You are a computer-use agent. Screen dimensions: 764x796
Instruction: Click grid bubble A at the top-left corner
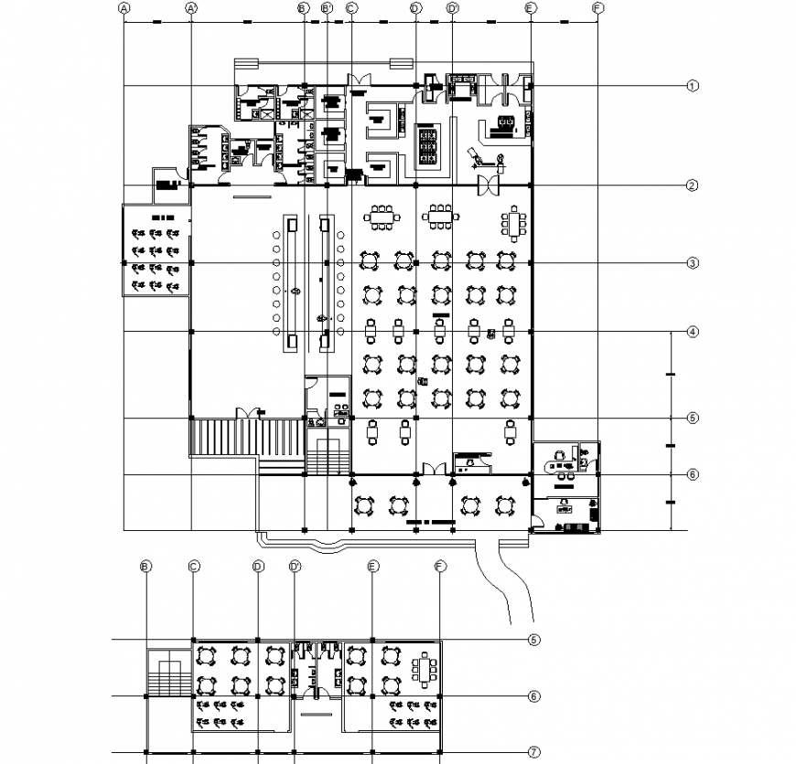pos(124,7)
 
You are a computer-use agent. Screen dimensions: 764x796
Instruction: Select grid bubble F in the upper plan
pos(597,7)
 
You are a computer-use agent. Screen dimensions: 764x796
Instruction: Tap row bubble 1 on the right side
pos(694,87)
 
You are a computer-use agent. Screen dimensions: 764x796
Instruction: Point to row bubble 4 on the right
pos(694,331)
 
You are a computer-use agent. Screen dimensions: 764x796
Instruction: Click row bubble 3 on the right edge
pos(694,264)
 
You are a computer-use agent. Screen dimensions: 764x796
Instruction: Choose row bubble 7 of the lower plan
pos(534,753)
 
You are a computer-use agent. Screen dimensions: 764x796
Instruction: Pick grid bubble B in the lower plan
pos(145,567)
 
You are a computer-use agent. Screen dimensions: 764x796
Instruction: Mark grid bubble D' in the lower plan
pos(295,567)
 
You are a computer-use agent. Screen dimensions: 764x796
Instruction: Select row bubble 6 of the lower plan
pos(534,696)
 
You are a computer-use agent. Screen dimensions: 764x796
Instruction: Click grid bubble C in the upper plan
pos(351,7)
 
